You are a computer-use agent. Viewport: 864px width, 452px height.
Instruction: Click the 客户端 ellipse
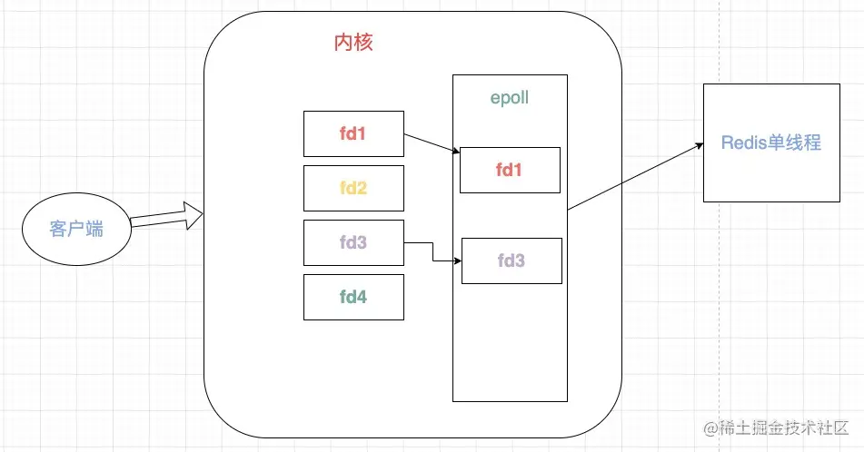pyautogui.click(x=76, y=228)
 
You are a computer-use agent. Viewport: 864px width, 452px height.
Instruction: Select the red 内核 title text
pyautogui.click(x=353, y=43)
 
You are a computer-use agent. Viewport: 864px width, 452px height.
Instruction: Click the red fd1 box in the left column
pyautogui.click(x=353, y=134)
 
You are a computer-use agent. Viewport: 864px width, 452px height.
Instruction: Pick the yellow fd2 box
pyautogui.click(x=353, y=189)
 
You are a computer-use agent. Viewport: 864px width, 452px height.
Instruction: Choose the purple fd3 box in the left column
pyautogui.click(x=353, y=243)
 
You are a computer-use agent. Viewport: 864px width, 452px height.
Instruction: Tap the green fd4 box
pyautogui.click(x=353, y=297)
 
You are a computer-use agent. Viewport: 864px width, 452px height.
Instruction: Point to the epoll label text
pyautogui.click(x=510, y=98)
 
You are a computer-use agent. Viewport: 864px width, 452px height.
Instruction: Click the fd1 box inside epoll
pyautogui.click(x=510, y=170)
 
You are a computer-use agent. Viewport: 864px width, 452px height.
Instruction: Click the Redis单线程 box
pyautogui.click(x=771, y=142)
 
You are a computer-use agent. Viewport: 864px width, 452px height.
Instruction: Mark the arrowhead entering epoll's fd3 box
pyautogui.click(x=457, y=261)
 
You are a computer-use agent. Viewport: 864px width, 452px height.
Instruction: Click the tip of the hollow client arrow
pyautogui.click(x=201, y=214)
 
